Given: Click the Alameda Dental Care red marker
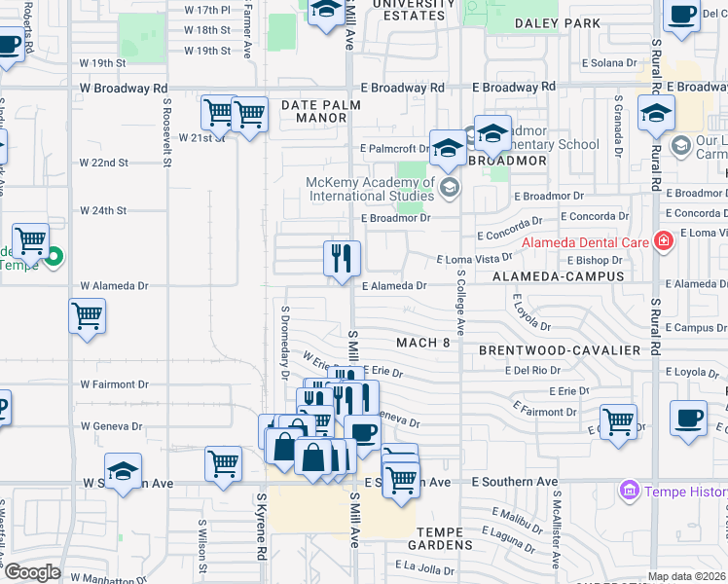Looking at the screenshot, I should click(x=664, y=239).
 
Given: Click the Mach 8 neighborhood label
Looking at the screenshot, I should click(x=423, y=342).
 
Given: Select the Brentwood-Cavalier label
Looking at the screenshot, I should click(x=560, y=349).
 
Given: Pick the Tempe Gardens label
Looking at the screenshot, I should click(x=444, y=531).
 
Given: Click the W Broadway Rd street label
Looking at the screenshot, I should click(x=118, y=88).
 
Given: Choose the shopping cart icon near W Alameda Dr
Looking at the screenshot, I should click(x=88, y=316).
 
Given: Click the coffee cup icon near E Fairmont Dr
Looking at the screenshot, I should click(x=689, y=419).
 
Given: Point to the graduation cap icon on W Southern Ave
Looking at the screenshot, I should click(x=123, y=474).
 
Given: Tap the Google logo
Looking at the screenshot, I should click(x=32, y=573).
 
